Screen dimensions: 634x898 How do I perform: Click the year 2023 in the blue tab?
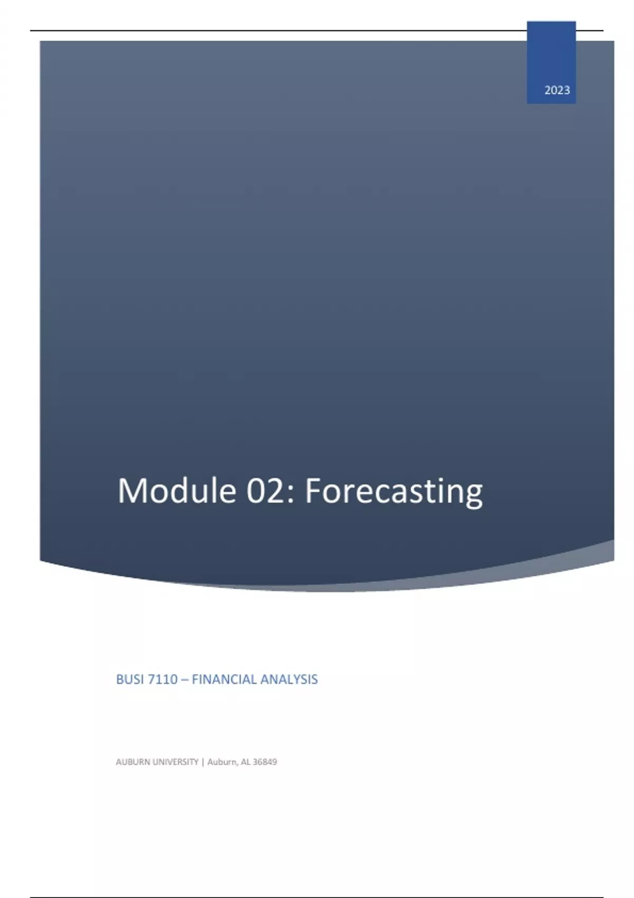point(557,90)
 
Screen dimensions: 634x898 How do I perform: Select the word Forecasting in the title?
point(394,493)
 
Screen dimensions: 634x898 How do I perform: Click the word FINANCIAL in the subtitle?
point(224,679)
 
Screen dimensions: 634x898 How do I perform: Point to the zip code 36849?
point(265,762)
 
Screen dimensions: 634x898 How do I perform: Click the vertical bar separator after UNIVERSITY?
point(203,762)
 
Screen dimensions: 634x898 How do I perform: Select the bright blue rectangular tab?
point(551,62)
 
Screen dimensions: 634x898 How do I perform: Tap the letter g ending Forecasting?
point(473,497)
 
